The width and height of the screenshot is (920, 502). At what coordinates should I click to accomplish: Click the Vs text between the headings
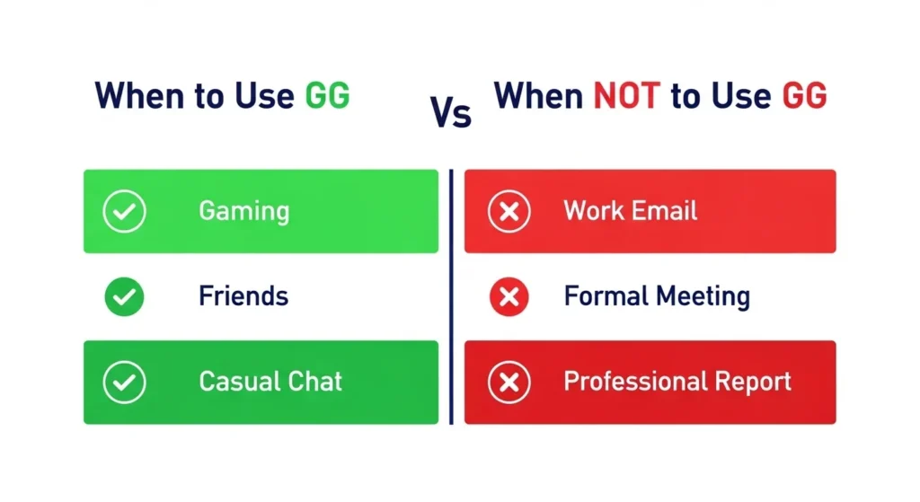[450, 115]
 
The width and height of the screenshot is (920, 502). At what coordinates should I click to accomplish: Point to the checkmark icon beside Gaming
[124, 212]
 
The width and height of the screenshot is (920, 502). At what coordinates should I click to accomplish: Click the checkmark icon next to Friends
[124, 296]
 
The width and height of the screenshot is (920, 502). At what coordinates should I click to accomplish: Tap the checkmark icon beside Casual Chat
[124, 382]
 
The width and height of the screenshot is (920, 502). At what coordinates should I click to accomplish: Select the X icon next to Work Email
[509, 212]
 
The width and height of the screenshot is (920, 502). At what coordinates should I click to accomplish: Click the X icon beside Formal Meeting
[509, 296]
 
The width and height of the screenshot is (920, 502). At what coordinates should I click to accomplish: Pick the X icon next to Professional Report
[509, 382]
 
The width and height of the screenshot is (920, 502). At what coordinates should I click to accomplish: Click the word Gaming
[243, 212]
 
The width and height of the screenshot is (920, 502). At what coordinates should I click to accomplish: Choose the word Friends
[243, 296]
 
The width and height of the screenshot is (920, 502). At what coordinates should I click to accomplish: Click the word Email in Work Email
[664, 211]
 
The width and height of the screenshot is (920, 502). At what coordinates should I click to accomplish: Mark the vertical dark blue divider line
[451, 296]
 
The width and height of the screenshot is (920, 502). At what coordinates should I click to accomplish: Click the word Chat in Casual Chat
[314, 381]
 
